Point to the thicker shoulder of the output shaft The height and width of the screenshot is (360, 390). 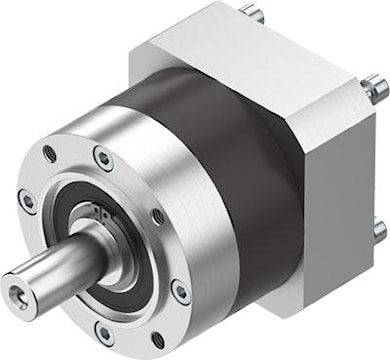click(85, 246)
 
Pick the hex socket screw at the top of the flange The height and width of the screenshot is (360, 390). click(102, 157)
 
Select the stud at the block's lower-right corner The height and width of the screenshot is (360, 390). click(379, 231)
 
